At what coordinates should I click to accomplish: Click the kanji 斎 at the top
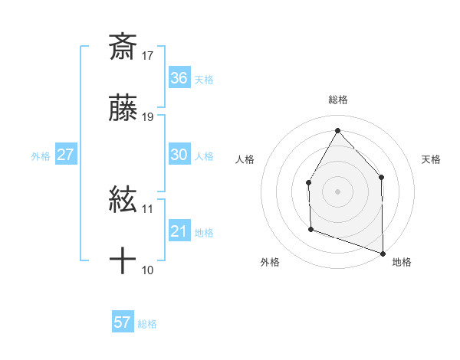tap(123, 47)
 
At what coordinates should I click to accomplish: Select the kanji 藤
tap(123, 110)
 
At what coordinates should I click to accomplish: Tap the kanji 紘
tap(123, 201)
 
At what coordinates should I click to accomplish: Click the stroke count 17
tap(148, 55)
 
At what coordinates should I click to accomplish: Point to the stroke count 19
tap(148, 117)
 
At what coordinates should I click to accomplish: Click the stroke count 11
tap(148, 208)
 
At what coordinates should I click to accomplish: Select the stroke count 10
tap(148, 270)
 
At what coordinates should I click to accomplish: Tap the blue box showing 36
tap(179, 77)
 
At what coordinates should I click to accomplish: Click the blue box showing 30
tap(179, 155)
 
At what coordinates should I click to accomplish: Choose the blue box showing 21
tap(179, 231)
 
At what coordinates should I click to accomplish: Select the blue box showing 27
tap(65, 155)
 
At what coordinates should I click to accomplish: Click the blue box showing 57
tap(123, 322)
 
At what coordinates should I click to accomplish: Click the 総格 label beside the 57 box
tap(147, 324)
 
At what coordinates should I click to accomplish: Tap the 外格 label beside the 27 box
tap(41, 156)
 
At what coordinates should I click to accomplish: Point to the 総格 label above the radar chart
tap(337, 100)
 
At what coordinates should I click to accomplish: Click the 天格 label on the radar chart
tap(431, 159)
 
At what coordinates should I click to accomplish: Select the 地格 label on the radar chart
tap(402, 262)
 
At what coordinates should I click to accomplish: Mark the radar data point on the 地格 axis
tap(383, 253)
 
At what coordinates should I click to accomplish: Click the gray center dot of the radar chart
tap(337, 191)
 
